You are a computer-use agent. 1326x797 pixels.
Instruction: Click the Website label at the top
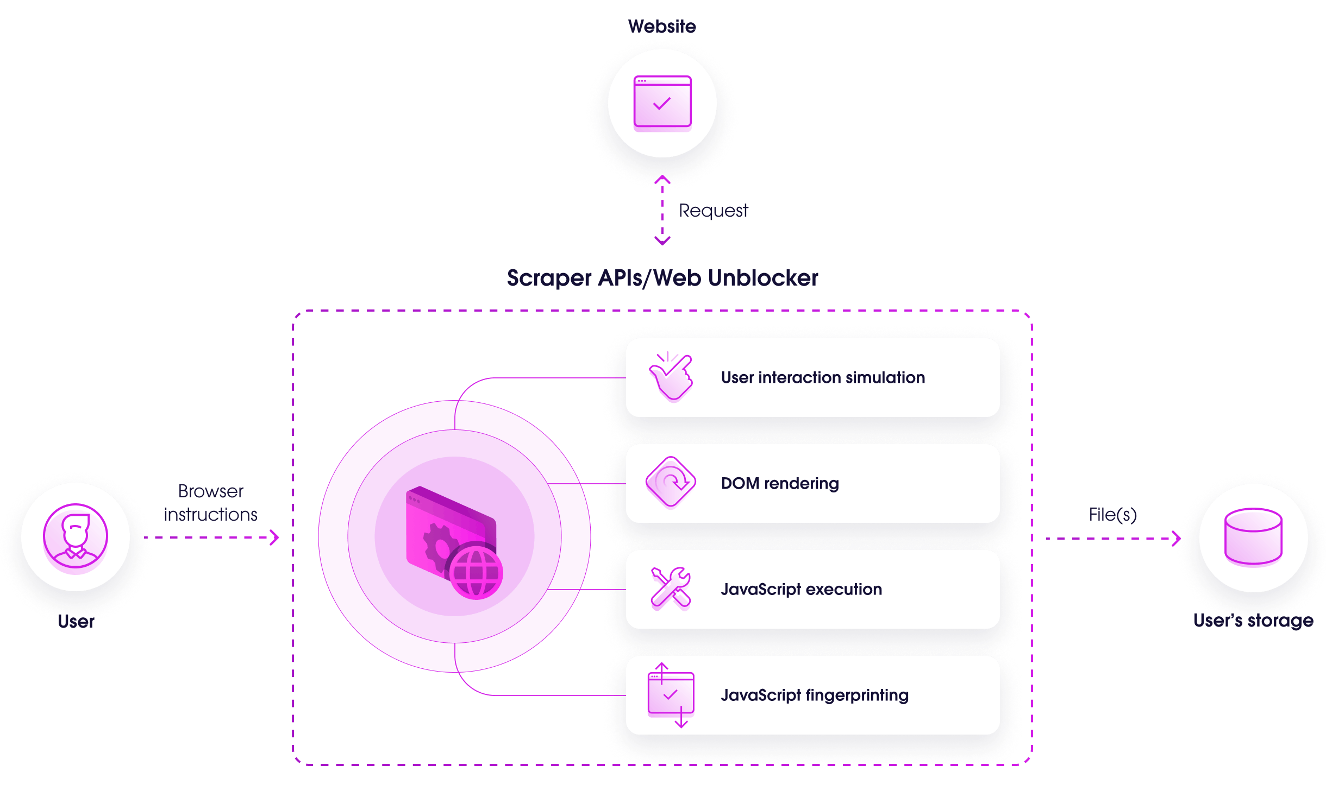tap(662, 26)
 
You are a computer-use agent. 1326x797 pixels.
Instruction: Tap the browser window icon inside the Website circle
tap(662, 103)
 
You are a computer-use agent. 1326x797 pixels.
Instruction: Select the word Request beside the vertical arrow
tap(713, 211)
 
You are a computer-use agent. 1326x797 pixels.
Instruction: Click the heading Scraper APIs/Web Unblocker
tap(662, 278)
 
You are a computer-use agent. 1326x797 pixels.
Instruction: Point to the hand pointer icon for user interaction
tap(671, 377)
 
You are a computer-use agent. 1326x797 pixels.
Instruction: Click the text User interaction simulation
tap(823, 377)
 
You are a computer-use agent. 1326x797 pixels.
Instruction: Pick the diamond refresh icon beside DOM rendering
tap(671, 482)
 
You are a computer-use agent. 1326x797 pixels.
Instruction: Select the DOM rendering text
tap(780, 483)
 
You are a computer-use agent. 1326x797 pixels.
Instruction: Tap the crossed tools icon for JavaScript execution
tap(671, 587)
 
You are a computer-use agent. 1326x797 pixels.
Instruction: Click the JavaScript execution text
tap(801, 589)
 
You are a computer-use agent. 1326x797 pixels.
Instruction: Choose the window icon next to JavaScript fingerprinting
tap(671, 694)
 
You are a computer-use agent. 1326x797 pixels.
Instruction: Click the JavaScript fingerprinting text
tap(815, 695)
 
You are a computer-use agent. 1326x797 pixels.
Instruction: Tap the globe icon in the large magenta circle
tap(476, 572)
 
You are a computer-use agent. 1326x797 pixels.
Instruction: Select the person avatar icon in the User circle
tap(76, 536)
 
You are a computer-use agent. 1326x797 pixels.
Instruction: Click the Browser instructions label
tap(211, 503)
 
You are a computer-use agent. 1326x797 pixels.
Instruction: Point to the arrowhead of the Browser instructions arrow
tap(275, 537)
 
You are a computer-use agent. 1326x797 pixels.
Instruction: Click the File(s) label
tap(1112, 514)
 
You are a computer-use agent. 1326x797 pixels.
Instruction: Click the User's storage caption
tap(1253, 620)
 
